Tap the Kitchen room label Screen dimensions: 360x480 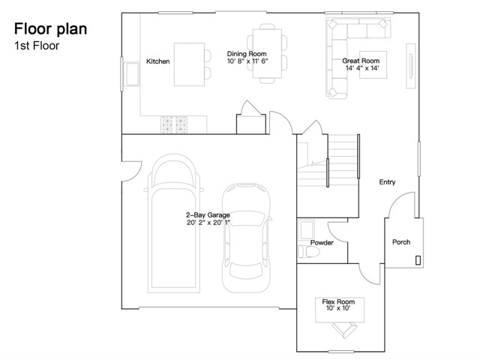coord(158,61)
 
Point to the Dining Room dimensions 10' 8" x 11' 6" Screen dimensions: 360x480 coord(247,61)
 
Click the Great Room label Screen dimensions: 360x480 coord(360,60)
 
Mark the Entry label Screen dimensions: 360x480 coord(387,182)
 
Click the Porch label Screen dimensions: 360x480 coord(401,242)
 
